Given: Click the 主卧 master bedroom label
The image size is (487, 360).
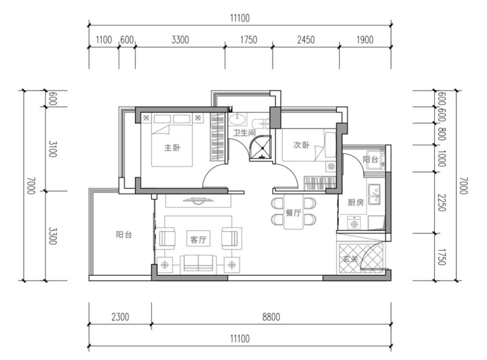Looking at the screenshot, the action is [172, 147].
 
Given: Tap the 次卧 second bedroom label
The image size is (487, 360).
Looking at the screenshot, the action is [301, 145].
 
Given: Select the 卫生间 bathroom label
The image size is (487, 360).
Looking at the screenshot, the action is [244, 133].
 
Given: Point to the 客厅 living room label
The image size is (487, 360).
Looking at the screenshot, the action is [198, 240].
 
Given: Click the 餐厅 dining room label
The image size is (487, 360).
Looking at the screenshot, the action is [294, 213].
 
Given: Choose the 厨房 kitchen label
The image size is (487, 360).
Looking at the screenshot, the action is [355, 203].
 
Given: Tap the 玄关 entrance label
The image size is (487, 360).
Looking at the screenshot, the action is [351, 259].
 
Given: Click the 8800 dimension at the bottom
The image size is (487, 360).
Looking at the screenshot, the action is [271, 317].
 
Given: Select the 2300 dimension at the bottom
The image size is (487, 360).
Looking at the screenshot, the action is [120, 317].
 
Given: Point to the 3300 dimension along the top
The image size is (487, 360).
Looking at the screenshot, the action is [180, 39].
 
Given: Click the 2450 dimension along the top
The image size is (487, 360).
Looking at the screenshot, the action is [306, 39].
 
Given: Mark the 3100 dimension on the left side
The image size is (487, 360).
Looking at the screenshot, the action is [53, 149].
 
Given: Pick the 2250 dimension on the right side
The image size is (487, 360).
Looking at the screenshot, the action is [442, 203].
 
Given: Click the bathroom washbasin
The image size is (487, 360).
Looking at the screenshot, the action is [238, 118].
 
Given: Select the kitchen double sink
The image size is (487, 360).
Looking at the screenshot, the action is [374, 194].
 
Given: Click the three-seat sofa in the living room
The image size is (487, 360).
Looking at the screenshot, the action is [198, 263].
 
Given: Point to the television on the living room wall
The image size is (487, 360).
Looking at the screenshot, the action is [198, 200].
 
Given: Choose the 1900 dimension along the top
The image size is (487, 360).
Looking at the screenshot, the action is [365, 39].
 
